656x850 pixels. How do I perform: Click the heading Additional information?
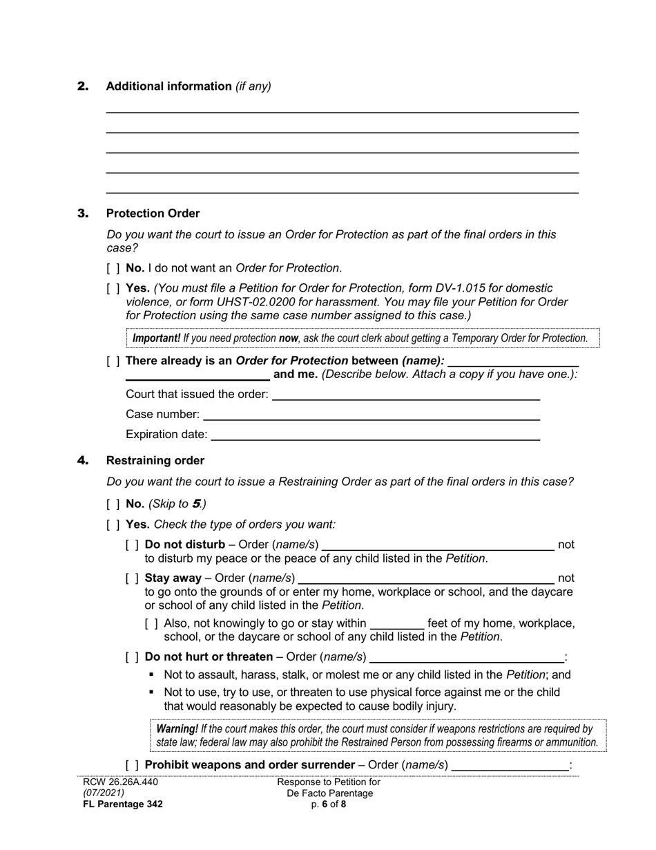coord(168,86)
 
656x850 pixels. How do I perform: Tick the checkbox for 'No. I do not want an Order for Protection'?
coord(113,268)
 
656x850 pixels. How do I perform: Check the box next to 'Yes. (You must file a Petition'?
coord(113,288)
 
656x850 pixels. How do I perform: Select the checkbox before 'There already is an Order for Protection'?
coord(113,361)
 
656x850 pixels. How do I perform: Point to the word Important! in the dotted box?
coord(156,339)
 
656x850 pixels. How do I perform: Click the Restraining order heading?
coord(155,461)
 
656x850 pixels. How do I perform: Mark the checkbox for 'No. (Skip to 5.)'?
coord(113,504)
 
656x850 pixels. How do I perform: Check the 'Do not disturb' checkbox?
coord(133,545)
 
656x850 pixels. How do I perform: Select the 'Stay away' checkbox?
coord(133,578)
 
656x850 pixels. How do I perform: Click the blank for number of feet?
coord(396,623)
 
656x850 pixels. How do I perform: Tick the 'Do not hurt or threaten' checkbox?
coord(133,657)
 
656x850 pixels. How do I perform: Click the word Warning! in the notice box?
coord(177,729)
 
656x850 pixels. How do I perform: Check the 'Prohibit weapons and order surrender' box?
coord(133,765)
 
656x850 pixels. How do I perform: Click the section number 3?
coord(83,214)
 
